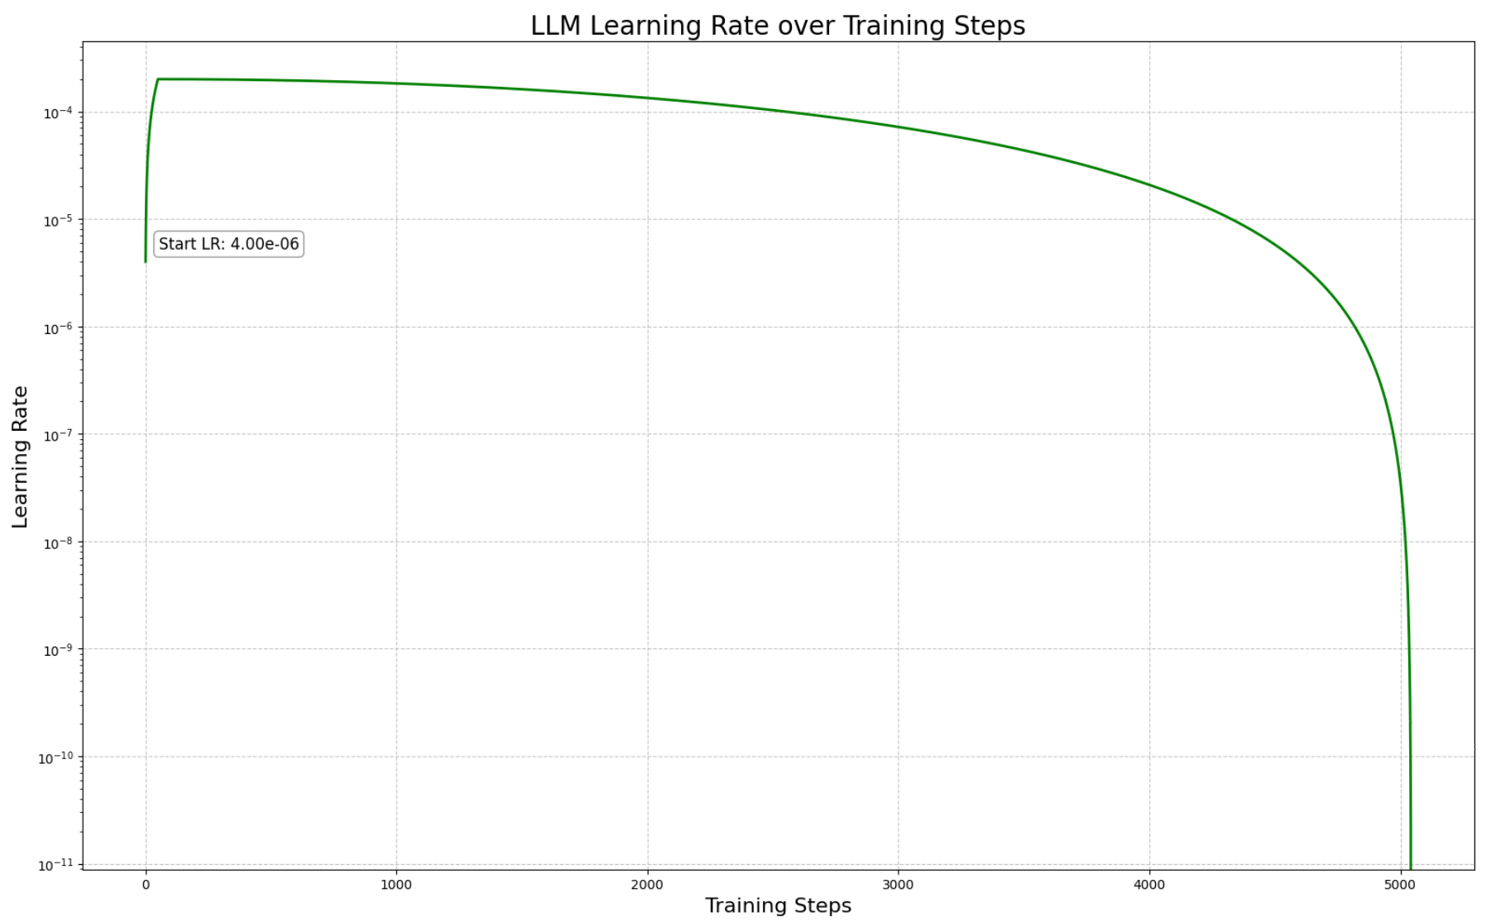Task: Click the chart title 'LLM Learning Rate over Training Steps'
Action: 777,26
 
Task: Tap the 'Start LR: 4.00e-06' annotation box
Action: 228,244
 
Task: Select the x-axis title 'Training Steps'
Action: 777,905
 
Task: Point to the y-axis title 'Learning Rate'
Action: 20,456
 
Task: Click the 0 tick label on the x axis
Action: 146,885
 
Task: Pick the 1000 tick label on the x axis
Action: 396,885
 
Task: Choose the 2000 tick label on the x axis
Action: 647,885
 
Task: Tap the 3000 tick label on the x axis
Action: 898,885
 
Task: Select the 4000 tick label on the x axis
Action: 1149,885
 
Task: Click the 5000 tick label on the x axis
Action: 1400,885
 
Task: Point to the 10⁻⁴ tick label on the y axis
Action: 58,112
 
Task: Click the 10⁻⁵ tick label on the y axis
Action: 58,220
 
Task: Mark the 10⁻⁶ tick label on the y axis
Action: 58,327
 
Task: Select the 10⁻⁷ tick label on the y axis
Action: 58,435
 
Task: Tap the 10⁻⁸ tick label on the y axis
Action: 58,542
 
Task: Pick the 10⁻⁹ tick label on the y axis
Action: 58,650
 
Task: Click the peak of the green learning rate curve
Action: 158,79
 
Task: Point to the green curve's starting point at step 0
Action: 146,261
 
